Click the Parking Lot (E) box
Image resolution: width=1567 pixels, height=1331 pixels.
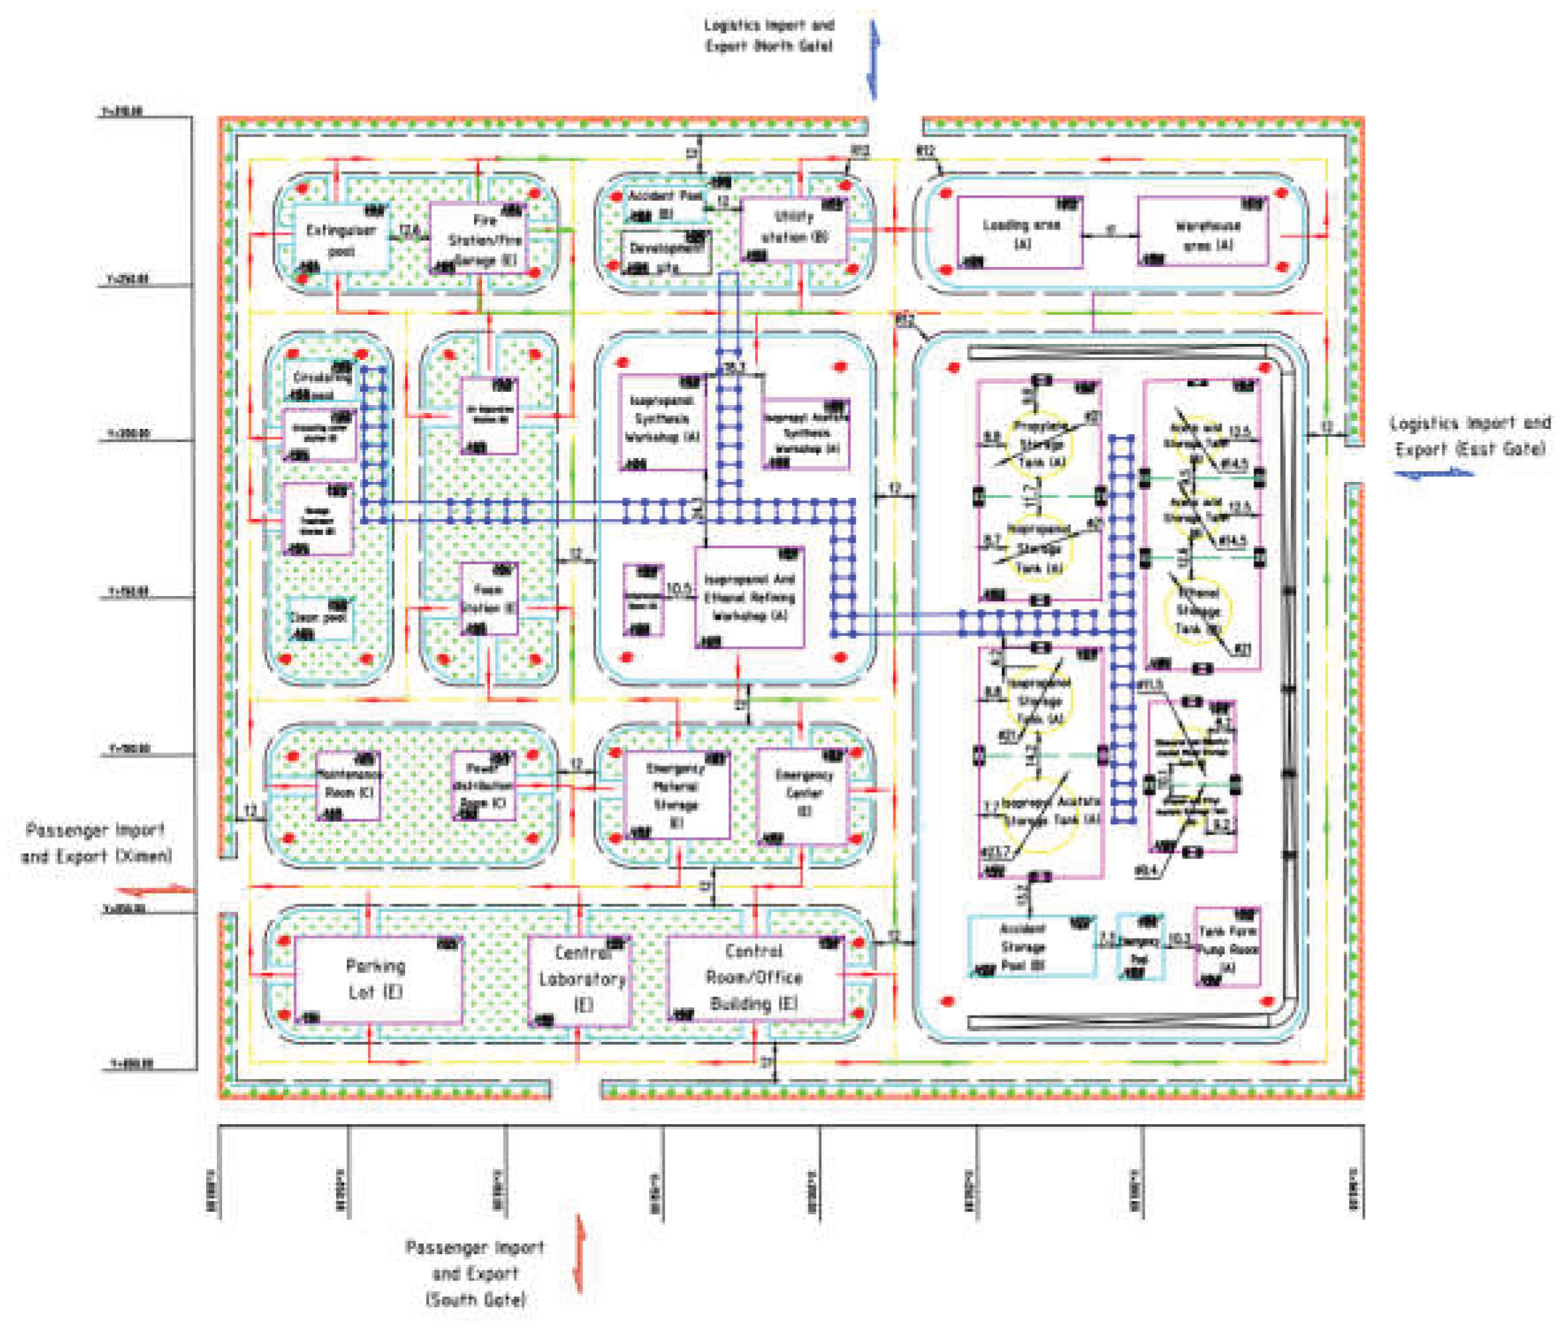pos(377,980)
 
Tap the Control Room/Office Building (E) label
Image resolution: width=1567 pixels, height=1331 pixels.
pos(754,978)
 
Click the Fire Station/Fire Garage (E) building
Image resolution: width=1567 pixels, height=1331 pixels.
pos(479,238)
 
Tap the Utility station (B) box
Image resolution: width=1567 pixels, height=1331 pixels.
pos(793,229)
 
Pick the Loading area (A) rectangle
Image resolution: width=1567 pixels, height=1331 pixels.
pos(1019,233)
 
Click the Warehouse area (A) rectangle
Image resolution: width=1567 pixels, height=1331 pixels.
pos(1202,233)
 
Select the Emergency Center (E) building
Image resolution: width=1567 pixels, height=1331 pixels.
pos(803,795)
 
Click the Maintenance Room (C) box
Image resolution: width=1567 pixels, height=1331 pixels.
pos(347,785)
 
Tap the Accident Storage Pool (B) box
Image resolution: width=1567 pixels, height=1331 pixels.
pos(1031,946)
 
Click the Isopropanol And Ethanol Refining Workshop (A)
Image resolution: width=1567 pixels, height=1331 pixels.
pos(749,598)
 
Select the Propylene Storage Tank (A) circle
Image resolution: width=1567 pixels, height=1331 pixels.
pos(1039,445)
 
